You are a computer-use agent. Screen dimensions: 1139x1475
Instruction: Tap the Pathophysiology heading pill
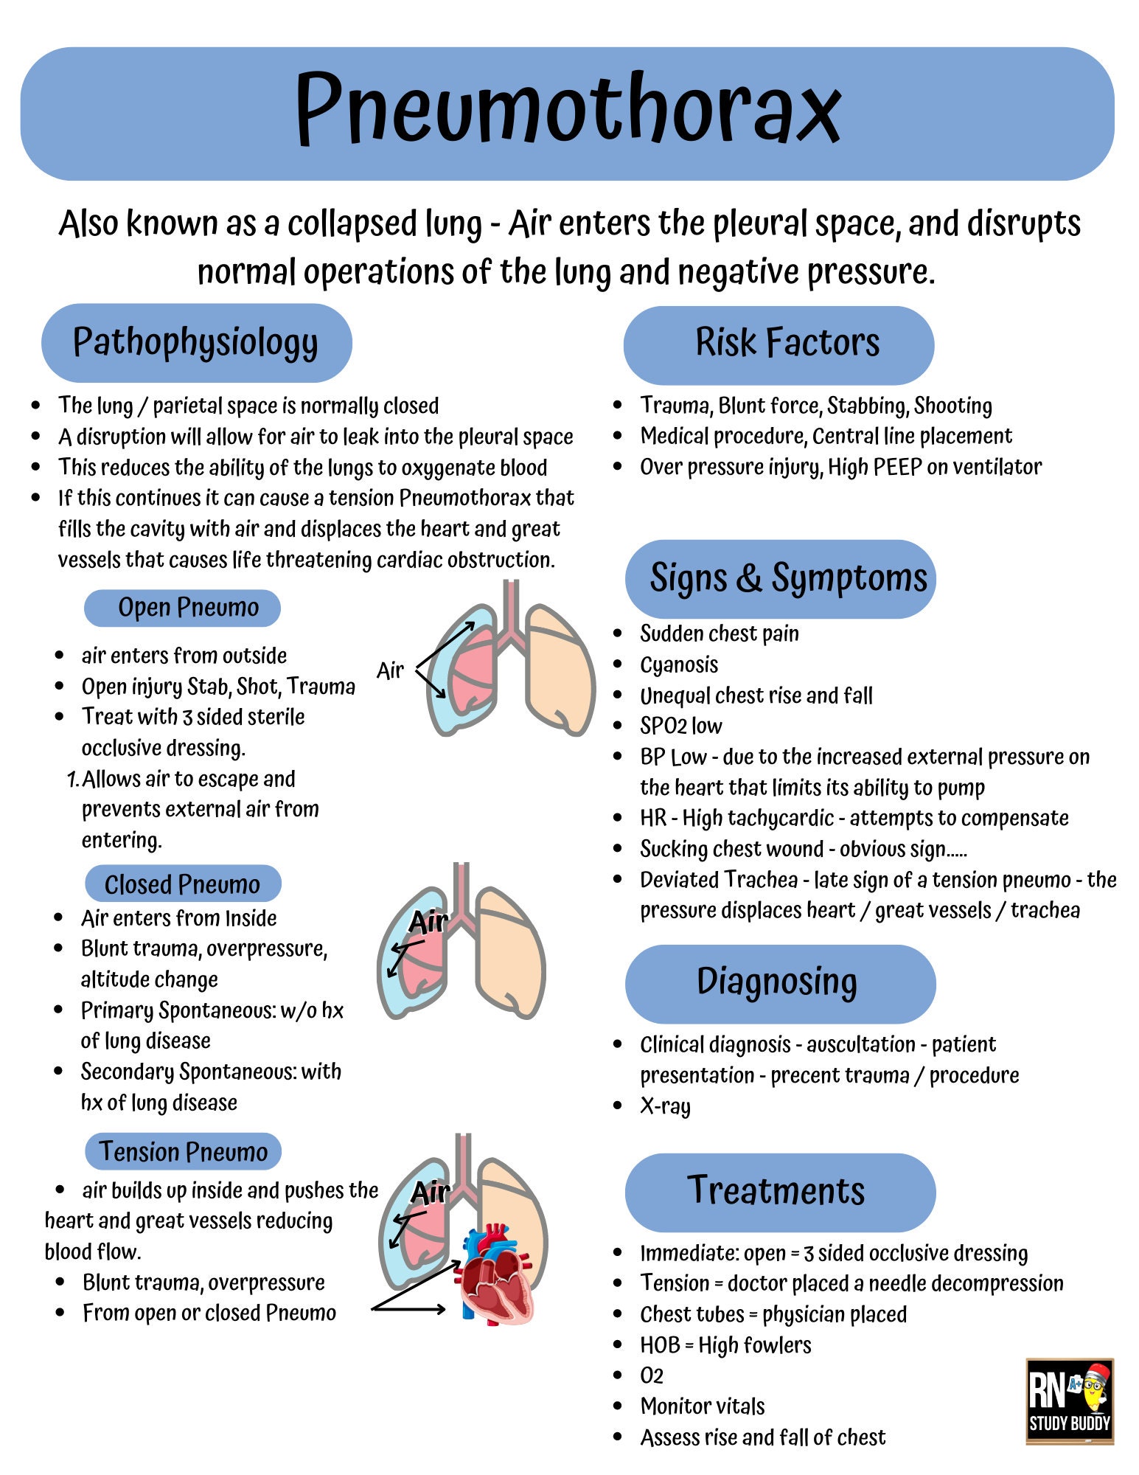tap(196, 343)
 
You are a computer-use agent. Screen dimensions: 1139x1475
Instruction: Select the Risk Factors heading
tap(779, 344)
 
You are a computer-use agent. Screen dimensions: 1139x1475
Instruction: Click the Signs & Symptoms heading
tap(781, 579)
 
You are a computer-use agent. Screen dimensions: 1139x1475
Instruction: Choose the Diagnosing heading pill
tap(779, 983)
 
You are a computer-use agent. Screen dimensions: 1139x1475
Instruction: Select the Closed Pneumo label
tap(183, 884)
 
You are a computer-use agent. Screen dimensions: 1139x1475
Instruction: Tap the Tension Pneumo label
tap(184, 1152)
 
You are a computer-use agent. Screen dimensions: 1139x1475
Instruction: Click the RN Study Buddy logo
tap(1070, 1401)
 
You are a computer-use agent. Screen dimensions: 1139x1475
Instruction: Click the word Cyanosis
tap(679, 665)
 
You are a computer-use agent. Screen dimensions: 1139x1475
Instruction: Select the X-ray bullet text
tap(665, 1106)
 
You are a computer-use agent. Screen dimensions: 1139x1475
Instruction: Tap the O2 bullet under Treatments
tap(652, 1376)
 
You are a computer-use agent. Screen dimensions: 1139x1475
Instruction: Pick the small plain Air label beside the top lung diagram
tap(390, 671)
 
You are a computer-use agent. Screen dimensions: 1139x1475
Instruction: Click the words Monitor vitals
tap(703, 1406)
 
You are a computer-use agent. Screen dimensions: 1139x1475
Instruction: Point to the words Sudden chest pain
tap(720, 634)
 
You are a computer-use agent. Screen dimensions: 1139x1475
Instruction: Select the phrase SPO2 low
tap(681, 726)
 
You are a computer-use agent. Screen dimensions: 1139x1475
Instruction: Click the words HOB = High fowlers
tap(725, 1345)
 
